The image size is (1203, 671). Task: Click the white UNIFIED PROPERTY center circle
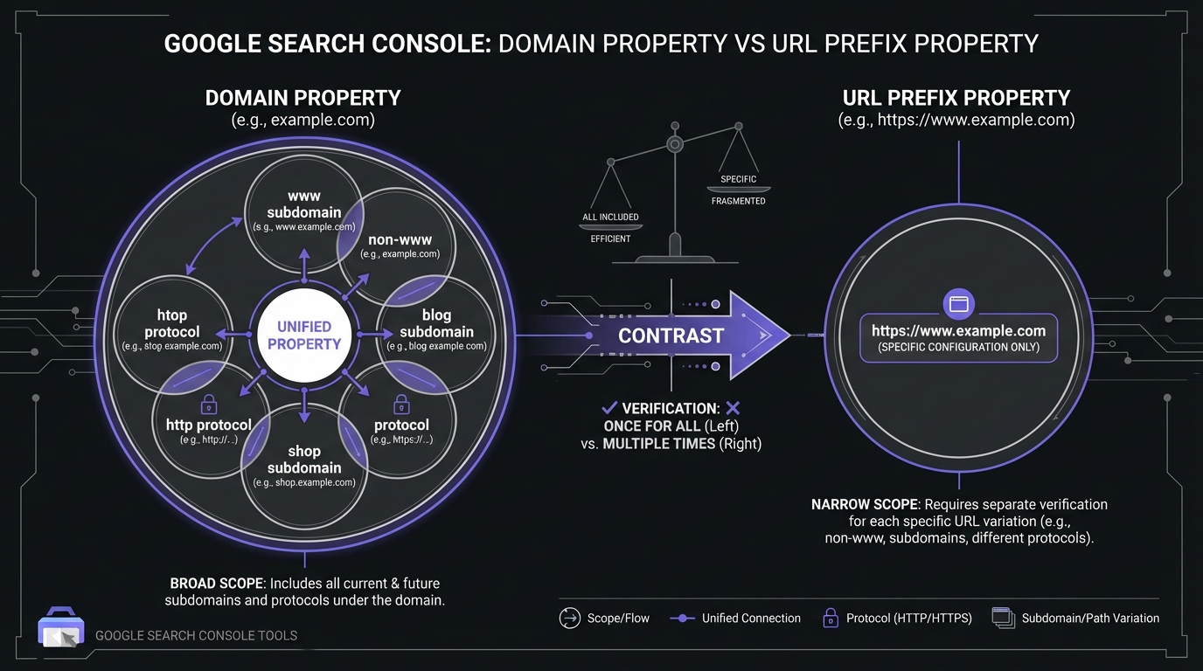click(x=303, y=335)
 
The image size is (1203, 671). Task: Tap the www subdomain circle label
click(x=304, y=204)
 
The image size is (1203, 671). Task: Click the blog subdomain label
click(x=436, y=323)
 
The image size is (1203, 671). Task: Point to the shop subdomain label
click(x=304, y=460)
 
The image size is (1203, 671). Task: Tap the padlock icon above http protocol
click(x=209, y=404)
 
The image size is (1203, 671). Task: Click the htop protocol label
click(x=172, y=323)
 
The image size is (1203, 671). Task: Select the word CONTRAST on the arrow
click(x=671, y=335)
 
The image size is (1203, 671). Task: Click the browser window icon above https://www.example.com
click(x=959, y=304)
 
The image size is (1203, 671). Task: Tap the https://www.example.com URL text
click(x=959, y=331)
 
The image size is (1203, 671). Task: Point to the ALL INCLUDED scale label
click(x=610, y=217)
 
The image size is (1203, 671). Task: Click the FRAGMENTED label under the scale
click(x=738, y=201)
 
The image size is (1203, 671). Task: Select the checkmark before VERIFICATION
click(x=609, y=408)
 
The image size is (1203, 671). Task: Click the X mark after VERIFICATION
click(x=733, y=408)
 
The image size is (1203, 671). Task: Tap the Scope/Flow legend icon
click(x=569, y=618)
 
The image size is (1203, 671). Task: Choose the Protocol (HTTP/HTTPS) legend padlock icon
click(x=831, y=618)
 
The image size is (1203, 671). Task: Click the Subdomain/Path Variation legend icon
click(x=1003, y=618)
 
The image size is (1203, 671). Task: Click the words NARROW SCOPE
click(x=865, y=504)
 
